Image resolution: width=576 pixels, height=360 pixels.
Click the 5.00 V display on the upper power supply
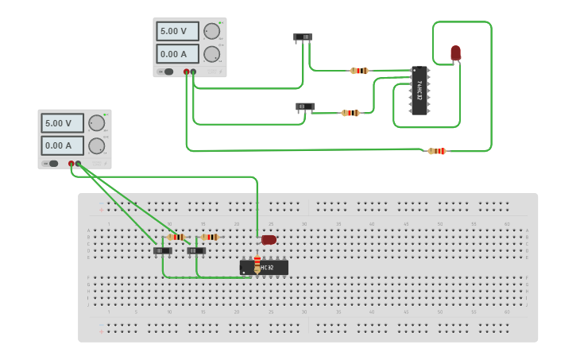tap(177, 32)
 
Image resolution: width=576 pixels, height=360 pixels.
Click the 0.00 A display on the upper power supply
tap(177, 54)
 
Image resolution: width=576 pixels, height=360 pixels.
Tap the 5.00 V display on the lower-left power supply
tap(62, 123)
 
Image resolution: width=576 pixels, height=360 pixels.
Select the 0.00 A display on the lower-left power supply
tap(62, 145)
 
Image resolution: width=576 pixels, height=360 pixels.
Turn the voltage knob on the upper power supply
tap(211, 31)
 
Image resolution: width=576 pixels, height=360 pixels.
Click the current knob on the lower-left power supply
tap(96, 145)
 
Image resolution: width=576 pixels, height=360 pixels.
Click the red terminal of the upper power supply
tap(187, 72)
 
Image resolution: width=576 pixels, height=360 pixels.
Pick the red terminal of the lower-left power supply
tap(72, 164)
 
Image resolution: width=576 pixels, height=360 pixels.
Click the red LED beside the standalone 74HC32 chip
tap(455, 53)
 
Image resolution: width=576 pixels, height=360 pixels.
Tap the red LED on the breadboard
tap(269, 239)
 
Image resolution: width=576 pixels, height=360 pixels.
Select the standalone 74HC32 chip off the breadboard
tap(419, 91)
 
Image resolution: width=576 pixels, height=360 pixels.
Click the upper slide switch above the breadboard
tap(303, 37)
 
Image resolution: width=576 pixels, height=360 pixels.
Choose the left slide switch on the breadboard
tap(162, 250)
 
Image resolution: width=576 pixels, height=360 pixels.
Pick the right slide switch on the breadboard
tap(196, 250)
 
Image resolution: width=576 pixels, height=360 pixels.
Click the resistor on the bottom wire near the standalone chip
tap(437, 151)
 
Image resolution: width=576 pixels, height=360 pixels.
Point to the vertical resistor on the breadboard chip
tap(257, 263)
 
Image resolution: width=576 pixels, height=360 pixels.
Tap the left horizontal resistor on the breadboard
tap(176, 237)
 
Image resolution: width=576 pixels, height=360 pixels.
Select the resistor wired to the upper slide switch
tap(359, 71)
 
